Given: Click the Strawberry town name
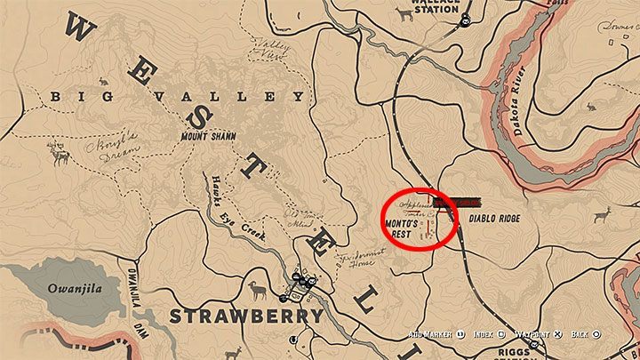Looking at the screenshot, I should pyautogui.click(x=246, y=316).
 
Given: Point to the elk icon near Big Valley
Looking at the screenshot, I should pyautogui.click(x=60, y=157).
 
